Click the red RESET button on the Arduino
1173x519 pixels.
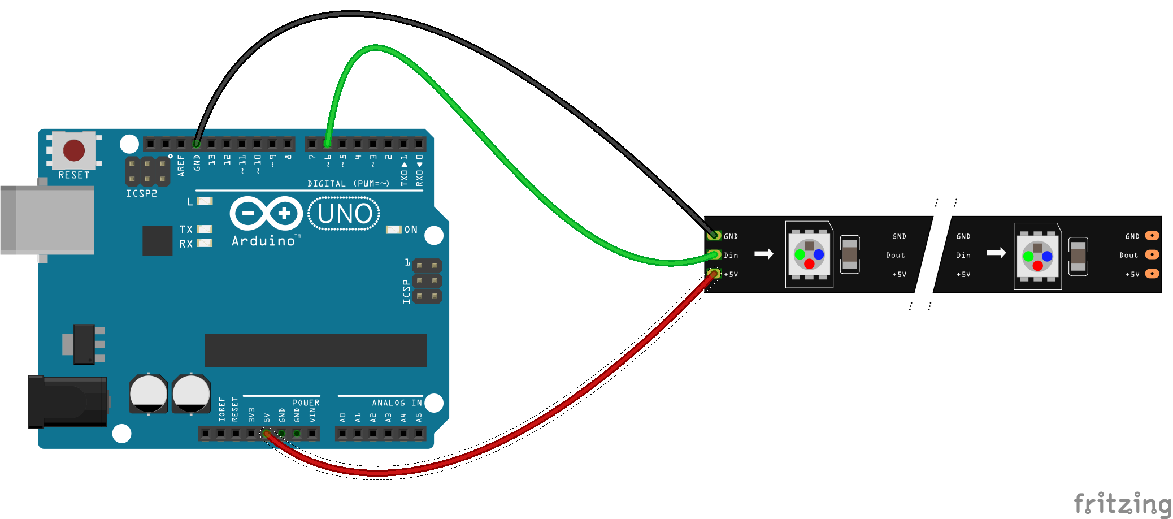pyautogui.click(x=74, y=150)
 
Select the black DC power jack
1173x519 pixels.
pyautogui.click(x=68, y=402)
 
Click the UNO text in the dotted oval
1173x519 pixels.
pyautogui.click(x=345, y=214)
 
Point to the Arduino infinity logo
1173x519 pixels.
pyautogui.click(x=266, y=213)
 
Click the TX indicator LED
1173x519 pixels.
pyautogui.click(x=205, y=229)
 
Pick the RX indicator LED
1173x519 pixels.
pyautogui.click(x=205, y=243)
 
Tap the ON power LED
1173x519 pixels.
pyautogui.click(x=393, y=230)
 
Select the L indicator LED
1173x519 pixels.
pyautogui.click(x=205, y=201)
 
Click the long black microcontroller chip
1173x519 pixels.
pyautogui.click(x=315, y=350)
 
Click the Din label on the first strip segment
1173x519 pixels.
pyautogui.click(x=731, y=256)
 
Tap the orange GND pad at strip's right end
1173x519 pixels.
pyautogui.click(x=1152, y=236)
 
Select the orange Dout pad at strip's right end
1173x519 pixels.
pyautogui.click(x=1152, y=254)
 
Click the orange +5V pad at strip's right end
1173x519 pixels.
pyautogui.click(x=1152, y=274)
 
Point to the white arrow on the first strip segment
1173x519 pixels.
pyautogui.click(x=764, y=254)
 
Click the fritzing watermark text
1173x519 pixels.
pyautogui.click(x=1122, y=503)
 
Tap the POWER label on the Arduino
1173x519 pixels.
pyautogui.click(x=306, y=403)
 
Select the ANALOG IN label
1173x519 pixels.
pyautogui.click(x=397, y=403)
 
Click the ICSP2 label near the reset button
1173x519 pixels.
pyautogui.click(x=141, y=193)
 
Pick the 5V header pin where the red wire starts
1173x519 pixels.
pyautogui.click(x=267, y=434)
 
